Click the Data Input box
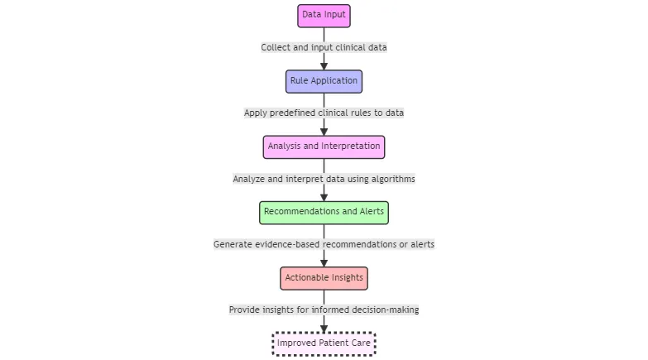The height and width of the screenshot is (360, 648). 324,15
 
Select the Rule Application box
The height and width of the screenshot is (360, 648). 324,81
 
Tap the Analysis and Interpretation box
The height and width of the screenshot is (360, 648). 324,146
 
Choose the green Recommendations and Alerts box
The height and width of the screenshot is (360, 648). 324,212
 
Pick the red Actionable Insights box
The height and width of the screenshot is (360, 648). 324,278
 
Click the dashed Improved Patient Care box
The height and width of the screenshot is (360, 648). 324,343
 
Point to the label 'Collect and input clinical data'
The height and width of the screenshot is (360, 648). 324,47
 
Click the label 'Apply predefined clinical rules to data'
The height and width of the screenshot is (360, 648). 324,113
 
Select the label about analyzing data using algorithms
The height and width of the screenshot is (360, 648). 324,179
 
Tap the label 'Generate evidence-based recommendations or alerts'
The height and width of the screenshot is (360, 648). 324,244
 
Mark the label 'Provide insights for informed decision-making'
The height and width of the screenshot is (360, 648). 324,310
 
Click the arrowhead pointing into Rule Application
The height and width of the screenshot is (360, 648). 324,65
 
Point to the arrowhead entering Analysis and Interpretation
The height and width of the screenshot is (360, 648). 324,131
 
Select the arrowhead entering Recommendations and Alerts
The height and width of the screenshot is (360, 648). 324,196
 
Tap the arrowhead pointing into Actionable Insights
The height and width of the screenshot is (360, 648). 324,262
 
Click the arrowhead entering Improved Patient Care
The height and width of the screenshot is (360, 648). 324,328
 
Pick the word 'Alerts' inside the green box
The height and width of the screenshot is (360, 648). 371,212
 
